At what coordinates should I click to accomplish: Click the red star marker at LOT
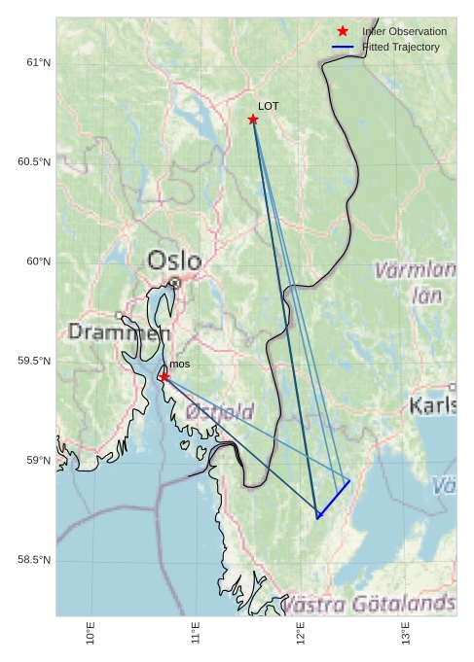pos(253,120)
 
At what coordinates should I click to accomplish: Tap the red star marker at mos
pos(164,376)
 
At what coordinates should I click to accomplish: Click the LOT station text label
pos(269,106)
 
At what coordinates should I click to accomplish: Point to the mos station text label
pos(180,364)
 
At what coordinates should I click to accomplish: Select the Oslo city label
pos(175,261)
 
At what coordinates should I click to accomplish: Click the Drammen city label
pos(119,332)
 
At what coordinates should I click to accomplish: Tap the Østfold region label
pos(220,412)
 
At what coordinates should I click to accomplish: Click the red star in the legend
pos(343,32)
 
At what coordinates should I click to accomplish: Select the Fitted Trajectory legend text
pos(401,48)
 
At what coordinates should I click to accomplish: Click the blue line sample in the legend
pos(343,48)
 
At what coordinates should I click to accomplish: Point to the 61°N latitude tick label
pos(38,63)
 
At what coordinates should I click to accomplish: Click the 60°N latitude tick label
pos(38,261)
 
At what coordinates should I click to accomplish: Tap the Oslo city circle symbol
pos(174,283)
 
